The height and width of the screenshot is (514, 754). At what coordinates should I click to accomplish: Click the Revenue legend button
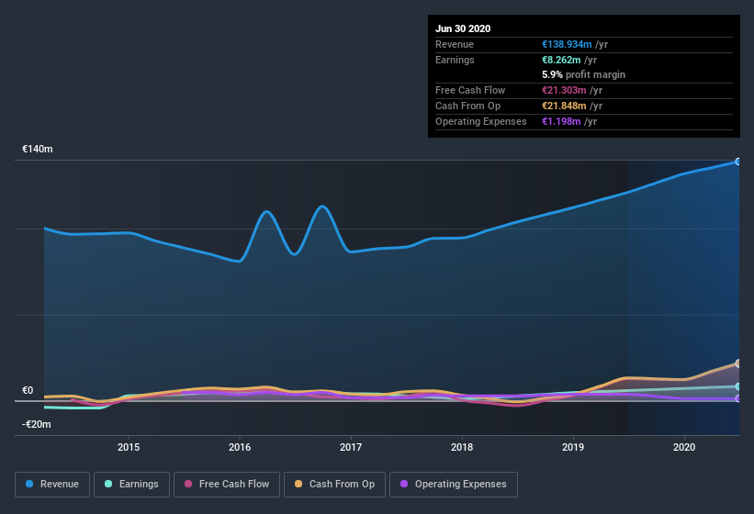52,484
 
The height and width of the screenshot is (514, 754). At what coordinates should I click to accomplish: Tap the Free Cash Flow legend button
226,484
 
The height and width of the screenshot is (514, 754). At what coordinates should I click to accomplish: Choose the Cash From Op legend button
334,484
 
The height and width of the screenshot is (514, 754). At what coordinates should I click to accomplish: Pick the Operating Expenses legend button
454,484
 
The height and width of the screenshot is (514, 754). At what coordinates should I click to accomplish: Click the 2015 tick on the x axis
129,447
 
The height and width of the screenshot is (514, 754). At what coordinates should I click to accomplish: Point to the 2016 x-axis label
240,447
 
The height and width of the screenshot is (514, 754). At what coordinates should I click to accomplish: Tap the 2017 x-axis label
351,447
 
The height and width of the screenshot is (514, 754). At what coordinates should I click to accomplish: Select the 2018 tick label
462,447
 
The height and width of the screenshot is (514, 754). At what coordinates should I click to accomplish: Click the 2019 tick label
573,447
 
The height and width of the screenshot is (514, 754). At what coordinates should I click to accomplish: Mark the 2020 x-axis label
684,447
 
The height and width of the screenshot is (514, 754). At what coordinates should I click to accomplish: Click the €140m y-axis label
38,149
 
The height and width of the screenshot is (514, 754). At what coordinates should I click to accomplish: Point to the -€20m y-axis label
37,424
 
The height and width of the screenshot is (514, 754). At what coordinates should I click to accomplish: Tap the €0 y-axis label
28,390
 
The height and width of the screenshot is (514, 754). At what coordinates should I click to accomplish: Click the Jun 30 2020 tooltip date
463,28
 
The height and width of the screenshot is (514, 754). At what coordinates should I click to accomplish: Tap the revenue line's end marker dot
738,162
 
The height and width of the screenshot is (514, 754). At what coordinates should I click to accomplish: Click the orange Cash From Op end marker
738,363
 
